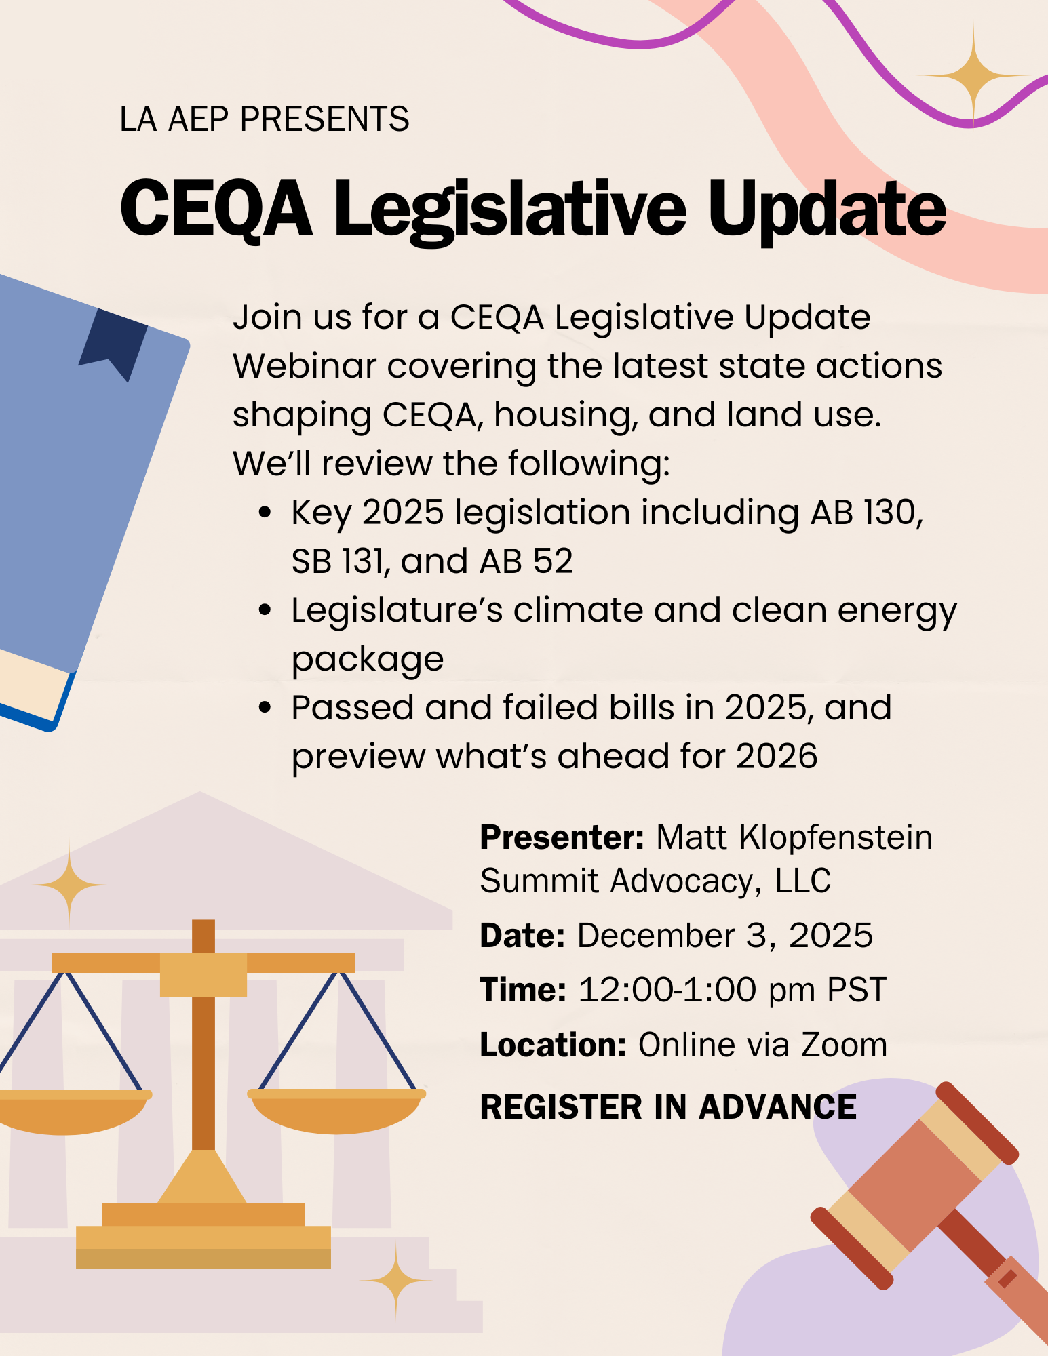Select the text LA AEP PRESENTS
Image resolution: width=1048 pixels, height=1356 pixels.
click(x=265, y=119)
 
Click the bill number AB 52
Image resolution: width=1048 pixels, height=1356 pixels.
click(x=526, y=561)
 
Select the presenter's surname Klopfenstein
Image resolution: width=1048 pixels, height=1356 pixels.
click(x=836, y=837)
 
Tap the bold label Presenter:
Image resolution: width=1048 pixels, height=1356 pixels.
click(x=562, y=837)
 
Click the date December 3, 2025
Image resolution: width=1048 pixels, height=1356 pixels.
click(x=725, y=936)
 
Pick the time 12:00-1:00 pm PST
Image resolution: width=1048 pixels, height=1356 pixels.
click(x=733, y=990)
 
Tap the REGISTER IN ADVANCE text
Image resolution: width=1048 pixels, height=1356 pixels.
click(x=668, y=1107)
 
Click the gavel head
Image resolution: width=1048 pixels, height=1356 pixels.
click(x=914, y=1186)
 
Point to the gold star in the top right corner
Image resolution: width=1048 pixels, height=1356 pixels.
click(x=974, y=75)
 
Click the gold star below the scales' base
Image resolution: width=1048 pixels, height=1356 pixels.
click(x=397, y=1280)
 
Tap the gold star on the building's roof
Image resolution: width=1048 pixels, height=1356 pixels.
click(x=69, y=885)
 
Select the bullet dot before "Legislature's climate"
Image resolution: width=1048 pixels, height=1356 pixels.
click(x=265, y=610)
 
